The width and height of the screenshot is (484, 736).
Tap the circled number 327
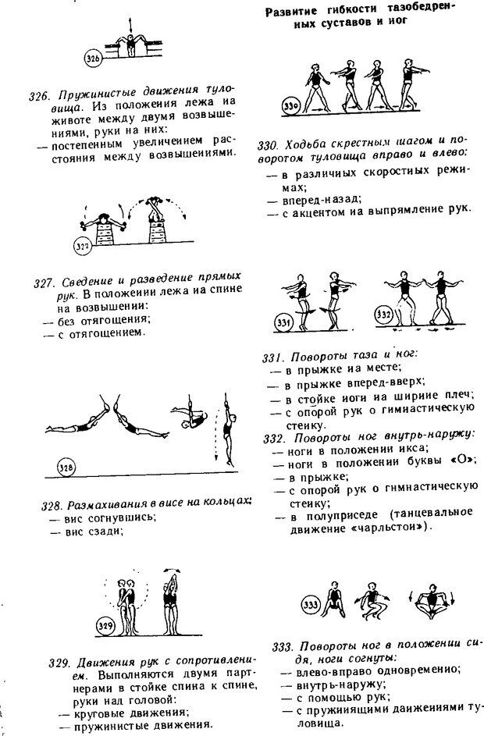82,247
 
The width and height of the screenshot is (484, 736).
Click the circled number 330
269,105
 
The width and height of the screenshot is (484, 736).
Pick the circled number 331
283,322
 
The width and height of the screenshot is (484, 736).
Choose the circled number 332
383,314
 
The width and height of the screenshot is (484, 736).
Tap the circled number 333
311,603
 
